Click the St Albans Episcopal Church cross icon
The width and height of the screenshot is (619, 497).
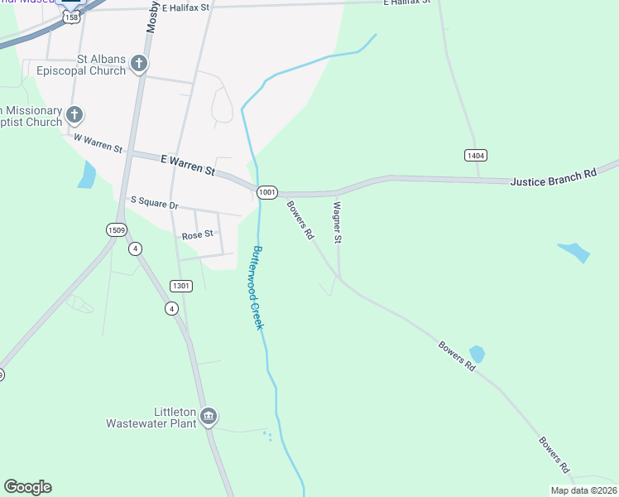coord(139,62)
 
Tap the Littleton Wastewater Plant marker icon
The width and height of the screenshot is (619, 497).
coord(209,416)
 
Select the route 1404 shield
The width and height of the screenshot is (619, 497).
coord(475,155)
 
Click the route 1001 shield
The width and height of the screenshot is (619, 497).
coord(266,192)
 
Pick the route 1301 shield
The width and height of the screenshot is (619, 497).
coord(181,286)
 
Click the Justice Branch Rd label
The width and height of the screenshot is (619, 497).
coord(553,176)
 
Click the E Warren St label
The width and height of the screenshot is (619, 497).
coord(187,164)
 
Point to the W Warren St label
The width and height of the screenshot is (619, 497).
coord(98,142)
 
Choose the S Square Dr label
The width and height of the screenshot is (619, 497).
coord(155,202)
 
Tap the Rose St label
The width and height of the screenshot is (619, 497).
coord(198,235)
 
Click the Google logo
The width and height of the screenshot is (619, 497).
coord(27,487)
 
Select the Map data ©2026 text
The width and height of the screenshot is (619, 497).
coord(583,490)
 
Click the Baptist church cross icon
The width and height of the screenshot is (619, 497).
coord(74,114)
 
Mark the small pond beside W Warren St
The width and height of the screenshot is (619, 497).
coord(86,175)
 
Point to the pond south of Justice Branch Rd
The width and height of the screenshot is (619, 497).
coord(574,251)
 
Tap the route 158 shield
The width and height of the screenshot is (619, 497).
coord(74,16)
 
